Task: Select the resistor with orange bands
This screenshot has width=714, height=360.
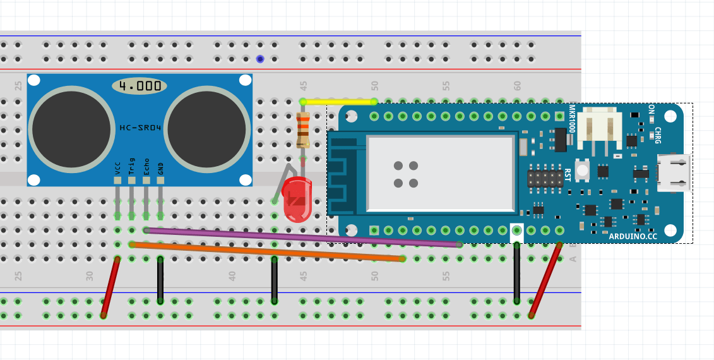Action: click(x=303, y=130)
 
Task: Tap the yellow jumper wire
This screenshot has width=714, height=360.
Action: click(x=338, y=102)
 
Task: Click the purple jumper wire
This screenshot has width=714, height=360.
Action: click(x=303, y=237)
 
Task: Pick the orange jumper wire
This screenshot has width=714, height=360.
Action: click(x=267, y=251)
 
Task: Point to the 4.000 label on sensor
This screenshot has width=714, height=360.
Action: click(x=140, y=86)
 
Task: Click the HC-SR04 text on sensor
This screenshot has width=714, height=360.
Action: click(x=140, y=128)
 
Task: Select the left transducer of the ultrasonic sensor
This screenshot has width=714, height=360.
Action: click(x=71, y=129)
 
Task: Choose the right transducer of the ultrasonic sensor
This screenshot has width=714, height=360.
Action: click(x=207, y=129)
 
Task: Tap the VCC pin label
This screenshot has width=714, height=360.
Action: click(x=117, y=169)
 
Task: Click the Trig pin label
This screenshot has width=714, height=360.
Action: click(x=131, y=166)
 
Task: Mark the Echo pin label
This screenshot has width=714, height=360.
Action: click(x=146, y=167)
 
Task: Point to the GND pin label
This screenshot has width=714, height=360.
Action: click(x=160, y=169)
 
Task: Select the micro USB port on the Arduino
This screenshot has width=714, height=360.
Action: click(x=674, y=172)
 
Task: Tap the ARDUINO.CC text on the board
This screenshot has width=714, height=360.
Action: click(x=633, y=236)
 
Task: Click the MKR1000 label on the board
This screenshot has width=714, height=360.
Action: click(x=572, y=119)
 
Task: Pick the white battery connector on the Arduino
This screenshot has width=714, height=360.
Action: click(x=599, y=129)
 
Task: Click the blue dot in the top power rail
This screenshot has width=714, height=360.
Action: click(x=260, y=59)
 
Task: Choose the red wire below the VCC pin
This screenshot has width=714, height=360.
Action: click(x=110, y=287)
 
